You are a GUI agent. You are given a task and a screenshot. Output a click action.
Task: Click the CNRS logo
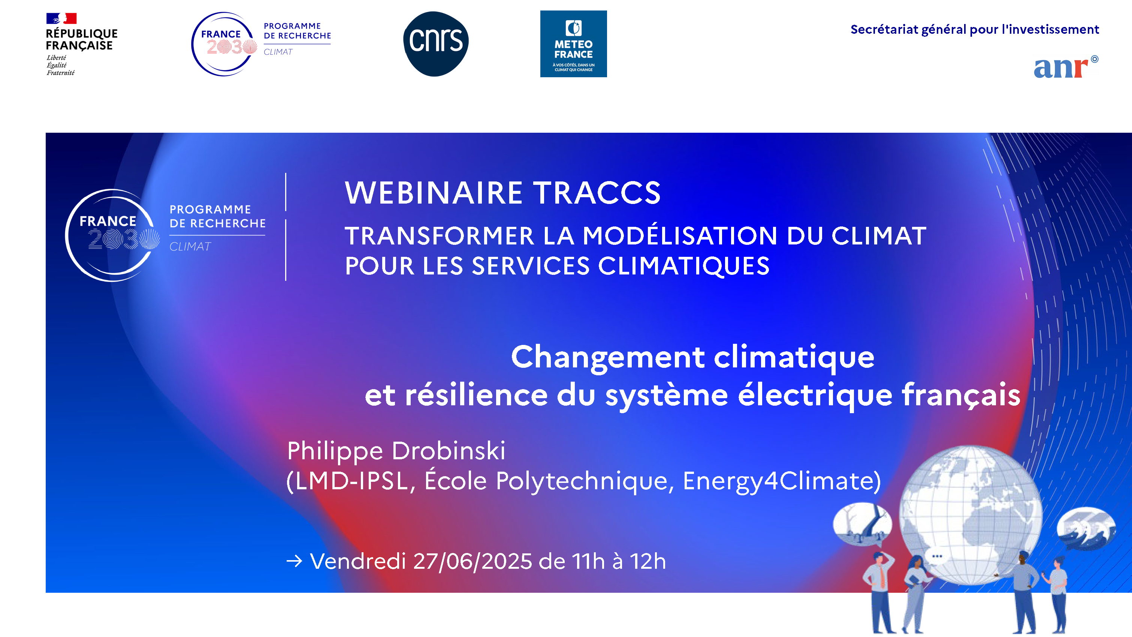pos(435,43)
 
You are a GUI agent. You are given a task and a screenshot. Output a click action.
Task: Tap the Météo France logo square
pos(573,44)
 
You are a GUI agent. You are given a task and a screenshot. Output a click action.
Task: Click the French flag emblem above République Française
pos(61,18)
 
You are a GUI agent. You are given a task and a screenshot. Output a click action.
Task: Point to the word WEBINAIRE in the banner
pos(433,193)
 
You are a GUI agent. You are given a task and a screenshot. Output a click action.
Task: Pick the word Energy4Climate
pos(782,481)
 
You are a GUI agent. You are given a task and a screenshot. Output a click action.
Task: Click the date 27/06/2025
pos(473,561)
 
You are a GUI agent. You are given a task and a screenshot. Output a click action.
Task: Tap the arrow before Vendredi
pos(294,561)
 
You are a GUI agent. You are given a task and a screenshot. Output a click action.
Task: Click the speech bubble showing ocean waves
pos(1086,528)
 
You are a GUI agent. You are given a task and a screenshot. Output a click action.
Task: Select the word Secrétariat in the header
pos(884,30)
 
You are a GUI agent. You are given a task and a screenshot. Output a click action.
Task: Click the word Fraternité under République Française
pos(61,73)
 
